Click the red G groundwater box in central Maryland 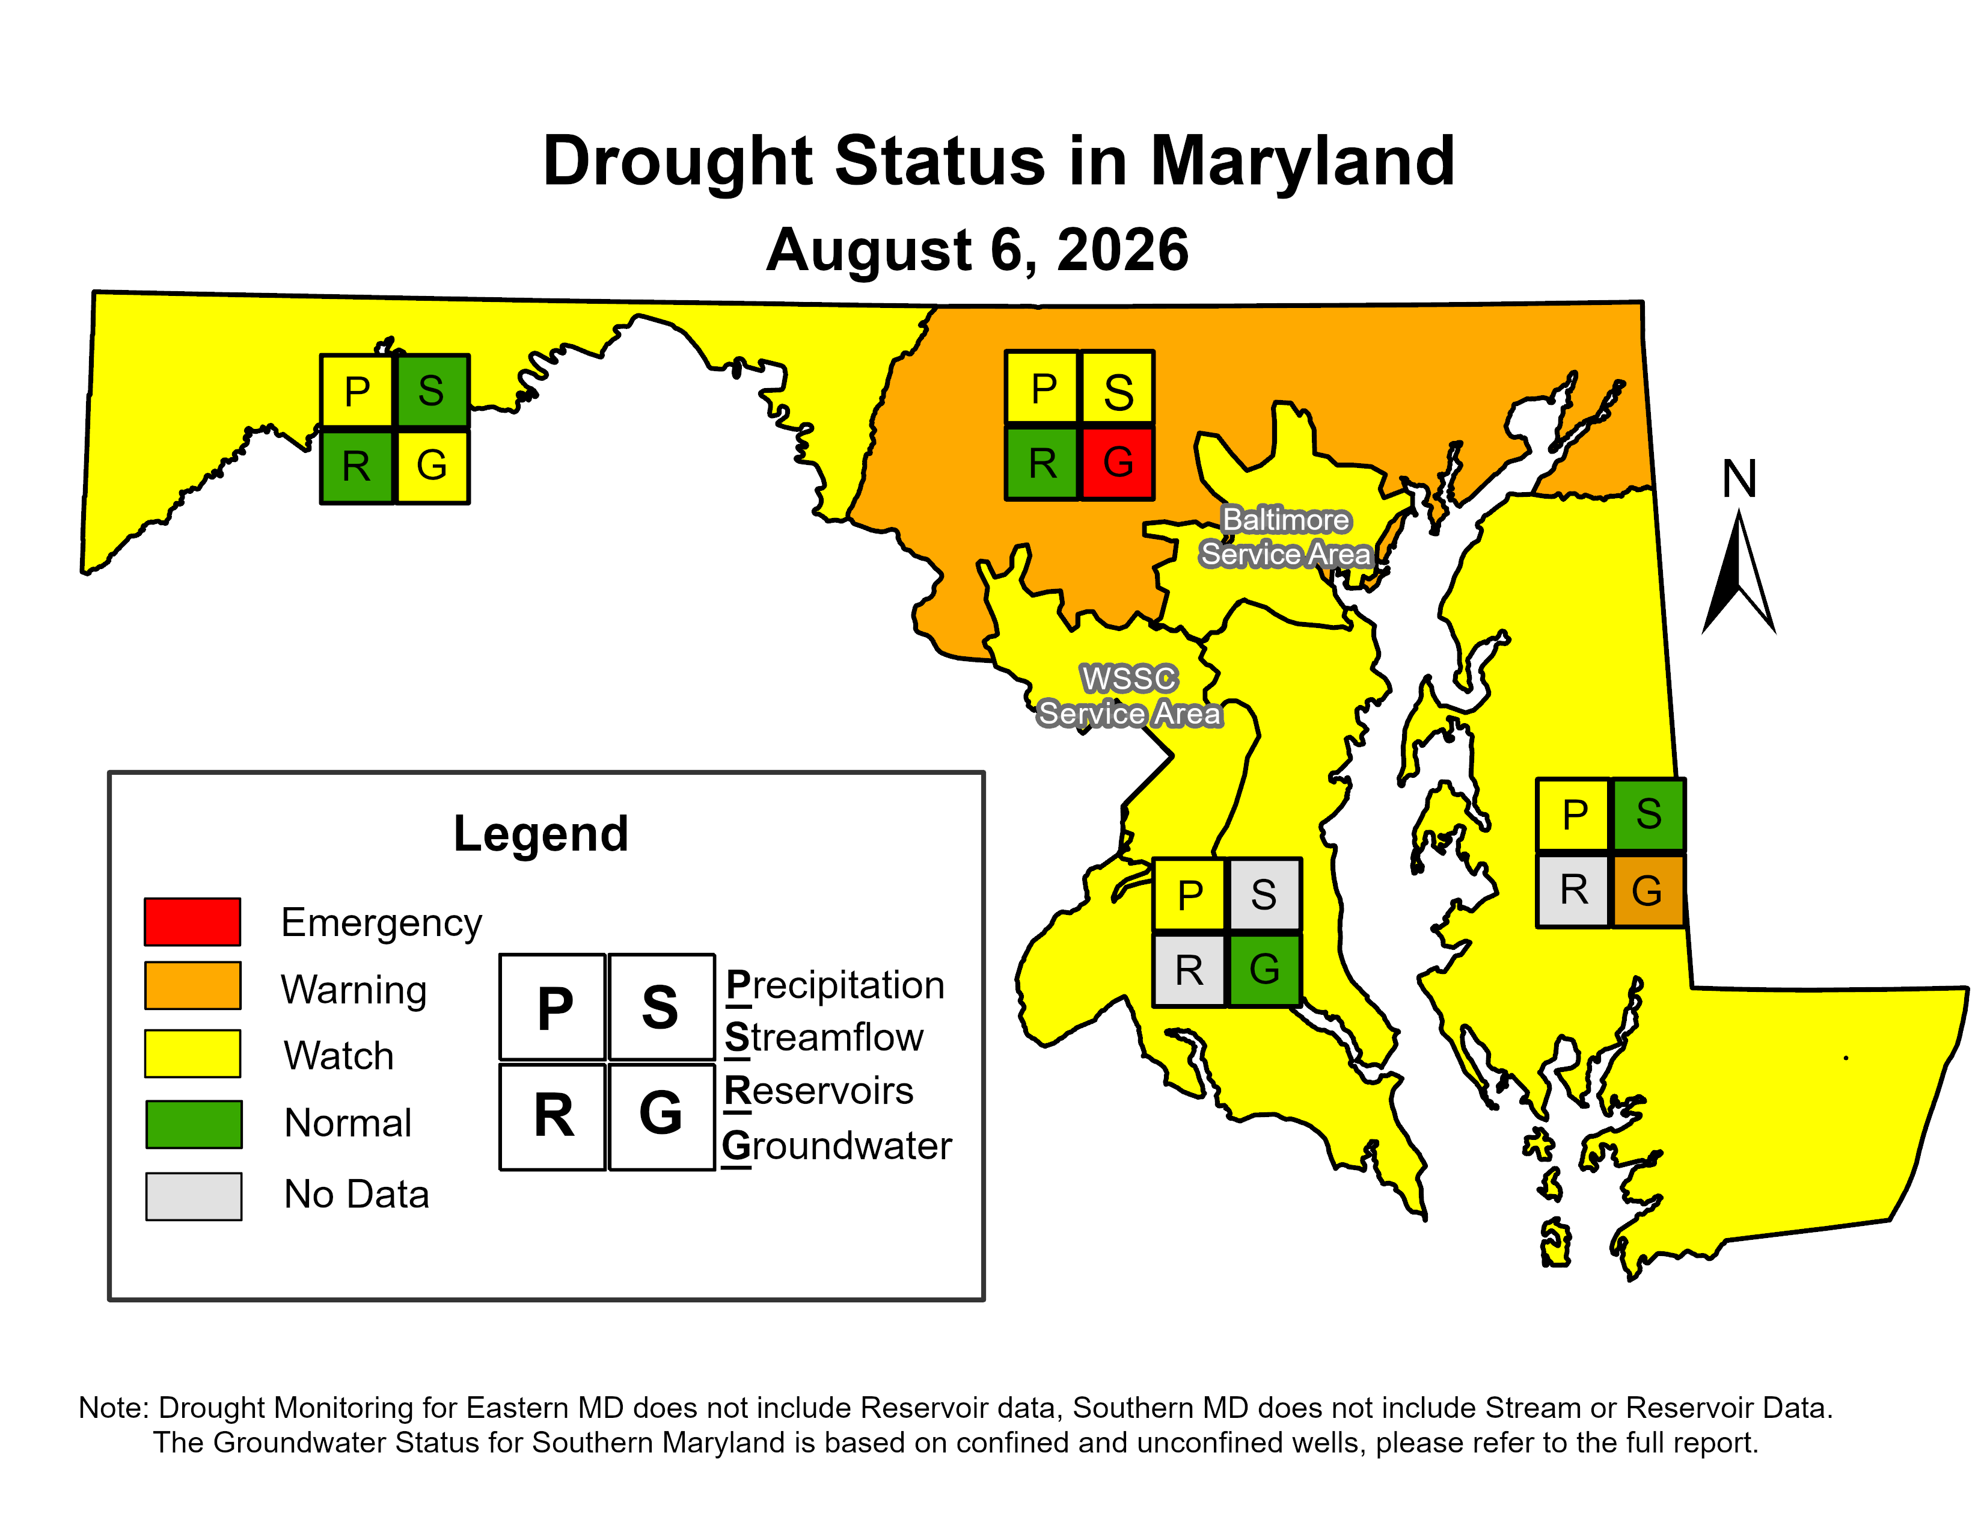(x=1118, y=463)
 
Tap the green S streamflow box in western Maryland (x=432, y=391)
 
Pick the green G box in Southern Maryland (x=1264, y=970)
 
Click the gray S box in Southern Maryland (x=1264, y=895)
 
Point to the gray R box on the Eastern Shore (x=1573, y=890)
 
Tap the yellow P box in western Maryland (x=357, y=391)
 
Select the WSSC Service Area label (x=1129, y=696)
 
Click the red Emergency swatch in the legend (x=192, y=922)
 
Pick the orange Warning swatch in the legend (x=192, y=986)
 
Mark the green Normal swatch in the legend (x=194, y=1124)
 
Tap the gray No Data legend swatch (x=194, y=1196)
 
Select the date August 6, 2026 (x=978, y=250)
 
